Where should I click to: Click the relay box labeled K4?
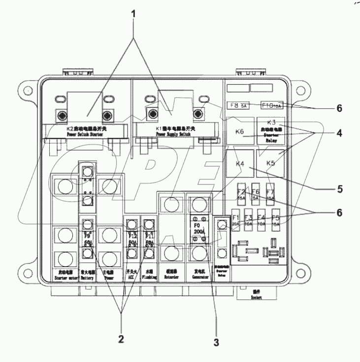click(x=240, y=163)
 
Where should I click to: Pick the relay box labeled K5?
click(x=271, y=163)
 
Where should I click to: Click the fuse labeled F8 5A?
click(x=239, y=105)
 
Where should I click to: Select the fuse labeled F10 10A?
click(x=271, y=105)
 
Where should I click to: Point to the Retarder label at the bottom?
click(x=171, y=277)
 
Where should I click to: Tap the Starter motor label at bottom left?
click(x=63, y=277)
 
